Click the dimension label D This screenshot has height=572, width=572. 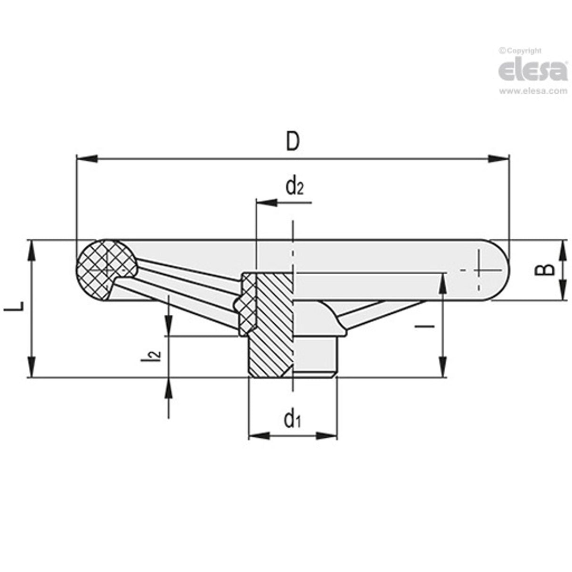293,141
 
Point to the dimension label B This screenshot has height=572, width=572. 546,269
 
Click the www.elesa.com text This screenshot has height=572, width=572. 532,91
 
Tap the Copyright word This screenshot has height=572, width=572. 523,50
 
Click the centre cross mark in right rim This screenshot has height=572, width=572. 481,270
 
